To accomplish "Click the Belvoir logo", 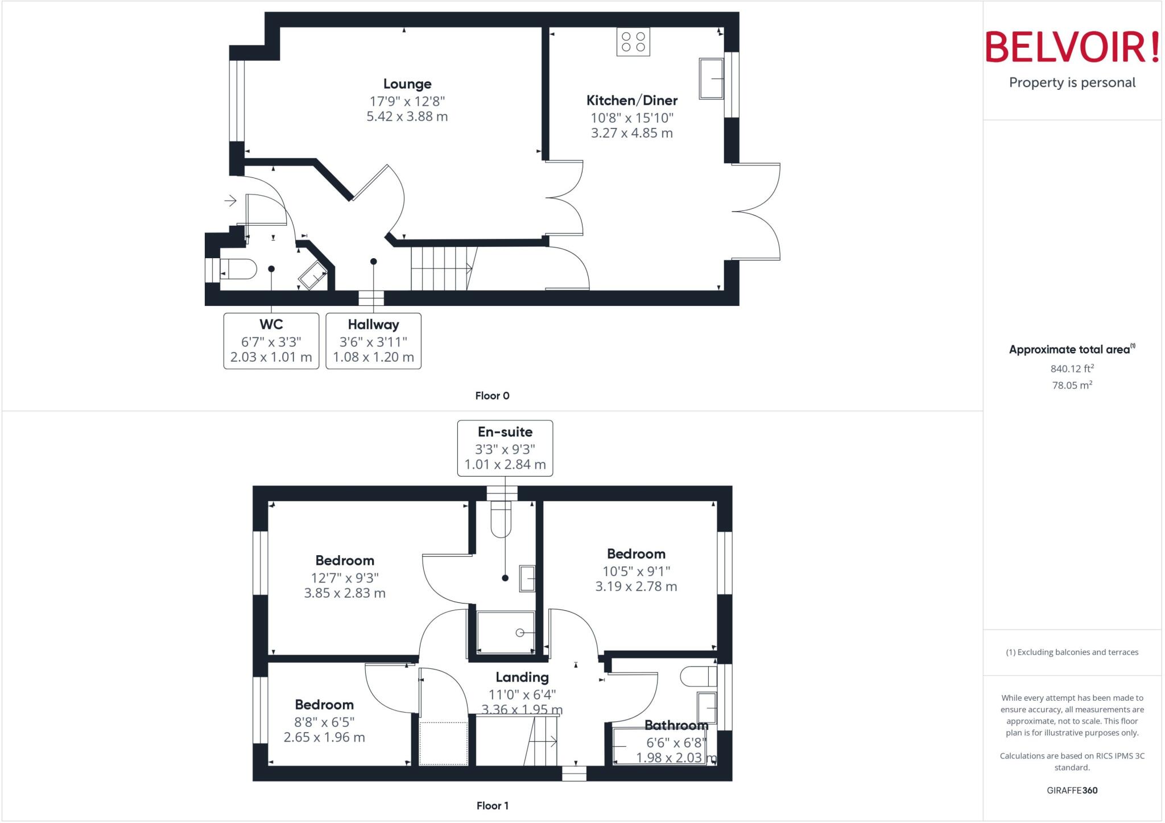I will [1072, 48].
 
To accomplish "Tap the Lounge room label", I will [407, 84].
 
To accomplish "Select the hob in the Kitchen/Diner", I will [633, 42].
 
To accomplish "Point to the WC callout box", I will [271, 341].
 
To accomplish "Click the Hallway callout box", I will [373, 341].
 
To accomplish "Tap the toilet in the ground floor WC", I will [239, 269].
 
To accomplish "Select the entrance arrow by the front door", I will [230, 201].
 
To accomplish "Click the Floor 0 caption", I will [492, 396].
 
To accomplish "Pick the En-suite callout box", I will [505, 448].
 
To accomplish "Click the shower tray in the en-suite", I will [506, 632].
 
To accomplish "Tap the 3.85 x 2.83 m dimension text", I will [345, 593].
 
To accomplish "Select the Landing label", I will [522, 677].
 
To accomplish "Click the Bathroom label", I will [676, 725].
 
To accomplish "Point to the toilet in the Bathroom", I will [699, 676].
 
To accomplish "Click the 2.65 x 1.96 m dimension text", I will [324, 738].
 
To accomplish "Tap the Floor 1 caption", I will [493, 806].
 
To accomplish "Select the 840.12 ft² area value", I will [1072, 369].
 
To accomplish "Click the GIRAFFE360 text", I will [1072, 791].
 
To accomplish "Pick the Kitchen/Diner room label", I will [632, 101].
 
